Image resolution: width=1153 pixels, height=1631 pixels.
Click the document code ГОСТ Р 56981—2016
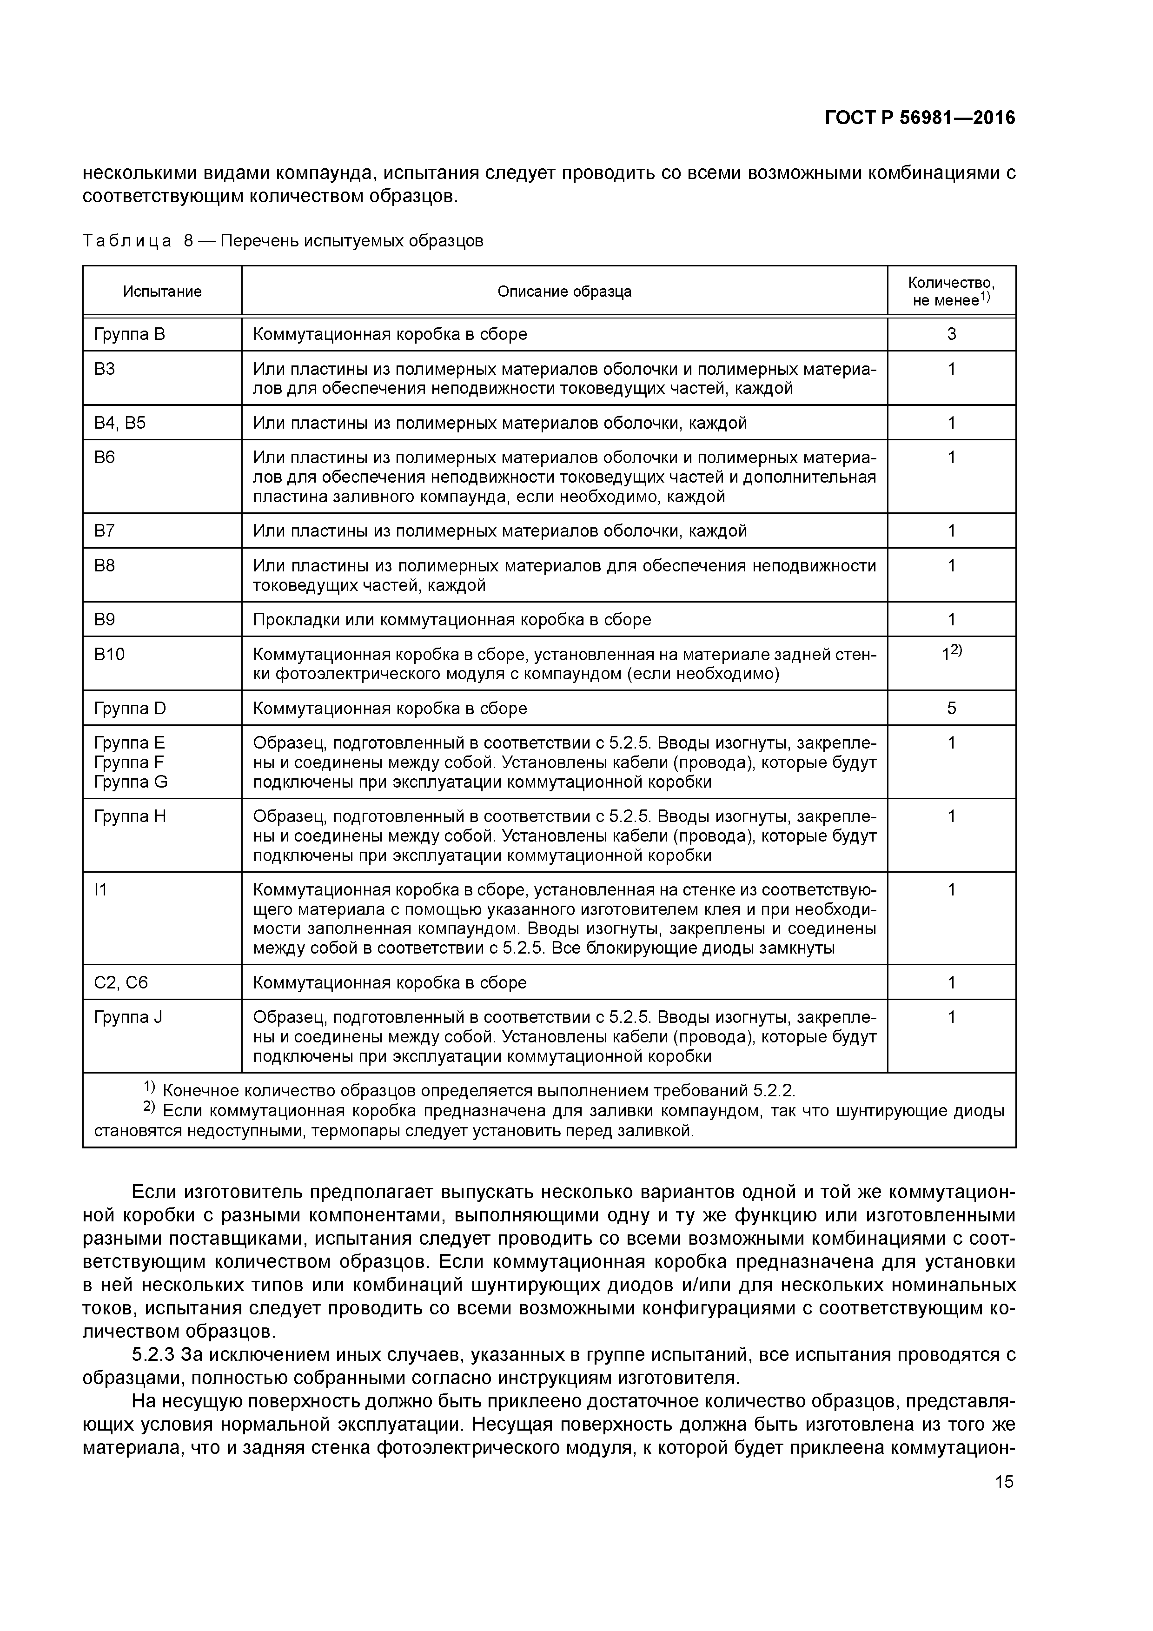pyautogui.click(x=920, y=118)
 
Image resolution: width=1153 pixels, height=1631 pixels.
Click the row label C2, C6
pyautogui.click(x=121, y=982)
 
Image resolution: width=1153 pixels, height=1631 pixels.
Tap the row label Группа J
pyautogui.click(x=128, y=1017)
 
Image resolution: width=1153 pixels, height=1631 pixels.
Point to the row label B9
pyautogui.click(x=105, y=619)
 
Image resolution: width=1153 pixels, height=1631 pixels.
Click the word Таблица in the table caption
pyautogui.click(x=126, y=241)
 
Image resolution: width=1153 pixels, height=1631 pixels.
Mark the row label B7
pyautogui.click(x=105, y=530)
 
